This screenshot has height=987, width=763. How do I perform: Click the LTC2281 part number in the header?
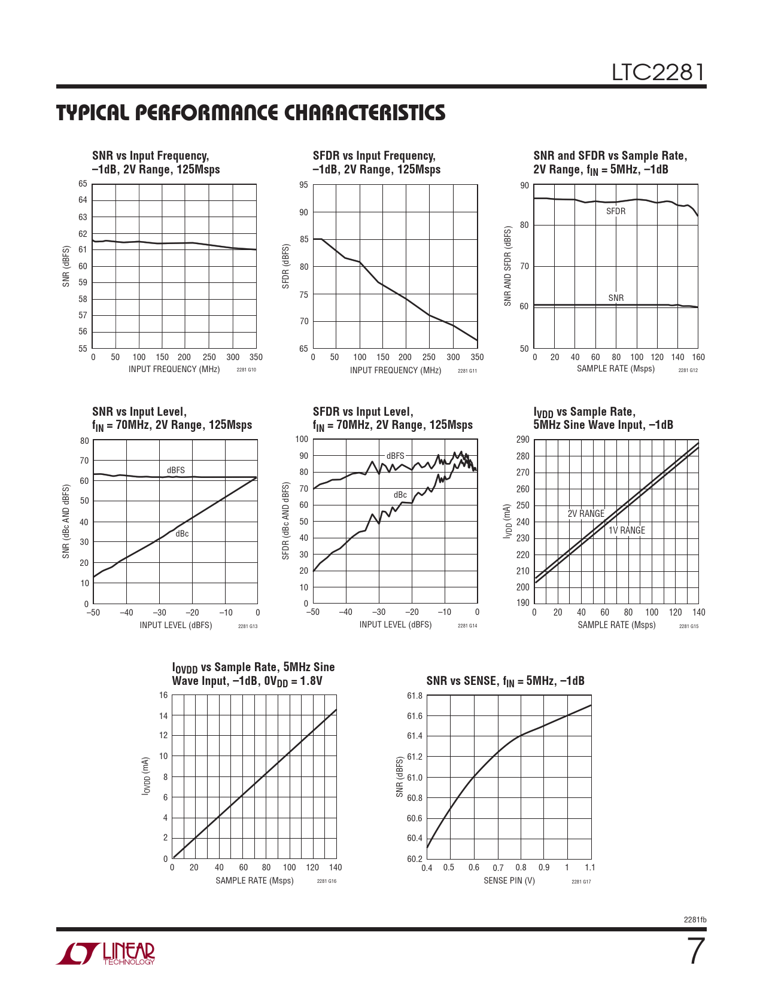point(658,73)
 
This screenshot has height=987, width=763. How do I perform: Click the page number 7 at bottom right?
point(695,951)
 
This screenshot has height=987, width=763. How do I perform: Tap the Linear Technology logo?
point(106,954)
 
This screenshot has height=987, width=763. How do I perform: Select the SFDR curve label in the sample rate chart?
point(615,211)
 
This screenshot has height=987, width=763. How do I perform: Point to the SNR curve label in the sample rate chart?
point(616,298)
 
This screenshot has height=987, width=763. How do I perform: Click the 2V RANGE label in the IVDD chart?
point(586,514)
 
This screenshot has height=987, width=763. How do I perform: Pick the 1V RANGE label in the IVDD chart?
point(627,531)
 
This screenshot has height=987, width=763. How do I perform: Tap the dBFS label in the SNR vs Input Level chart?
point(175,470)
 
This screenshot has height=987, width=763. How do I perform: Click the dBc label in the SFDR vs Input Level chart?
point(400,495)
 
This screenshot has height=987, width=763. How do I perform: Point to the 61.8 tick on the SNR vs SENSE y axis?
point(415,696)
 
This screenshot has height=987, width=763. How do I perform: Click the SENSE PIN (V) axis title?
point(509,881)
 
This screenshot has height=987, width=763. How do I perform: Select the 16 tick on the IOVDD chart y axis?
point(163,695)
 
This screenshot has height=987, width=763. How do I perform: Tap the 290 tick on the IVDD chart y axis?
point(522,440)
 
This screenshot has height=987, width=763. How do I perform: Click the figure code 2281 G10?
point(246,370)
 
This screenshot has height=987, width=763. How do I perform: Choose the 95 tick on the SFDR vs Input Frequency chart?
point(304,185)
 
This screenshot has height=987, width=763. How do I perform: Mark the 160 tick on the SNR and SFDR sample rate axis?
point(698,358)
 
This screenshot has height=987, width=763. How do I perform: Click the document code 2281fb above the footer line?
point(695,919)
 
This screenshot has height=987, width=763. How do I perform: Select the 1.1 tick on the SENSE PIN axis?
point(590,867)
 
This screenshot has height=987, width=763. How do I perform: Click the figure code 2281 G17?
point(581,882)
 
